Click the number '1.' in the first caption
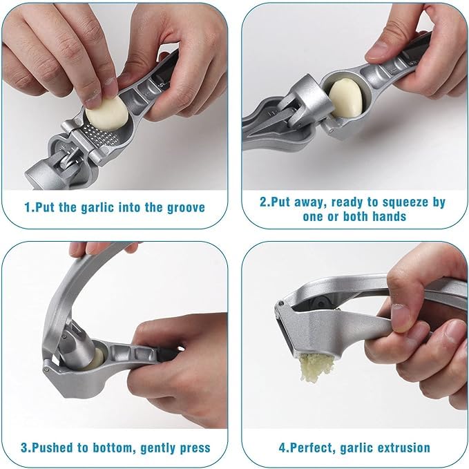(28, 207)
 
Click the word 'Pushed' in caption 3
(49, 447)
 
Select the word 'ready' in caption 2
(342, 202)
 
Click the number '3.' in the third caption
(25, 447)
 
